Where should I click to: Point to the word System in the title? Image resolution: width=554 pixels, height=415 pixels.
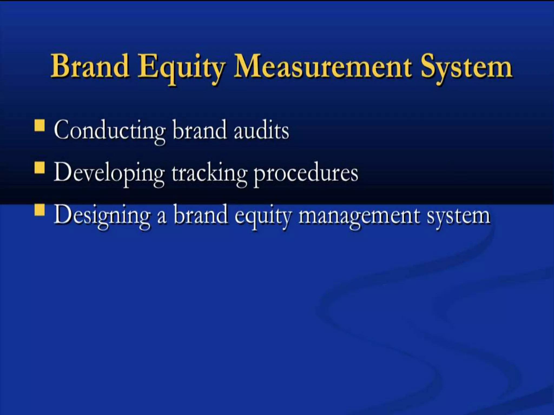point(466,68)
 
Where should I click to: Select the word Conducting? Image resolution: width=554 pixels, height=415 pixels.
point(109,131)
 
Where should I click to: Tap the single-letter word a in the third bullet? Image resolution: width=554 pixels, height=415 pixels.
point(162,218)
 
